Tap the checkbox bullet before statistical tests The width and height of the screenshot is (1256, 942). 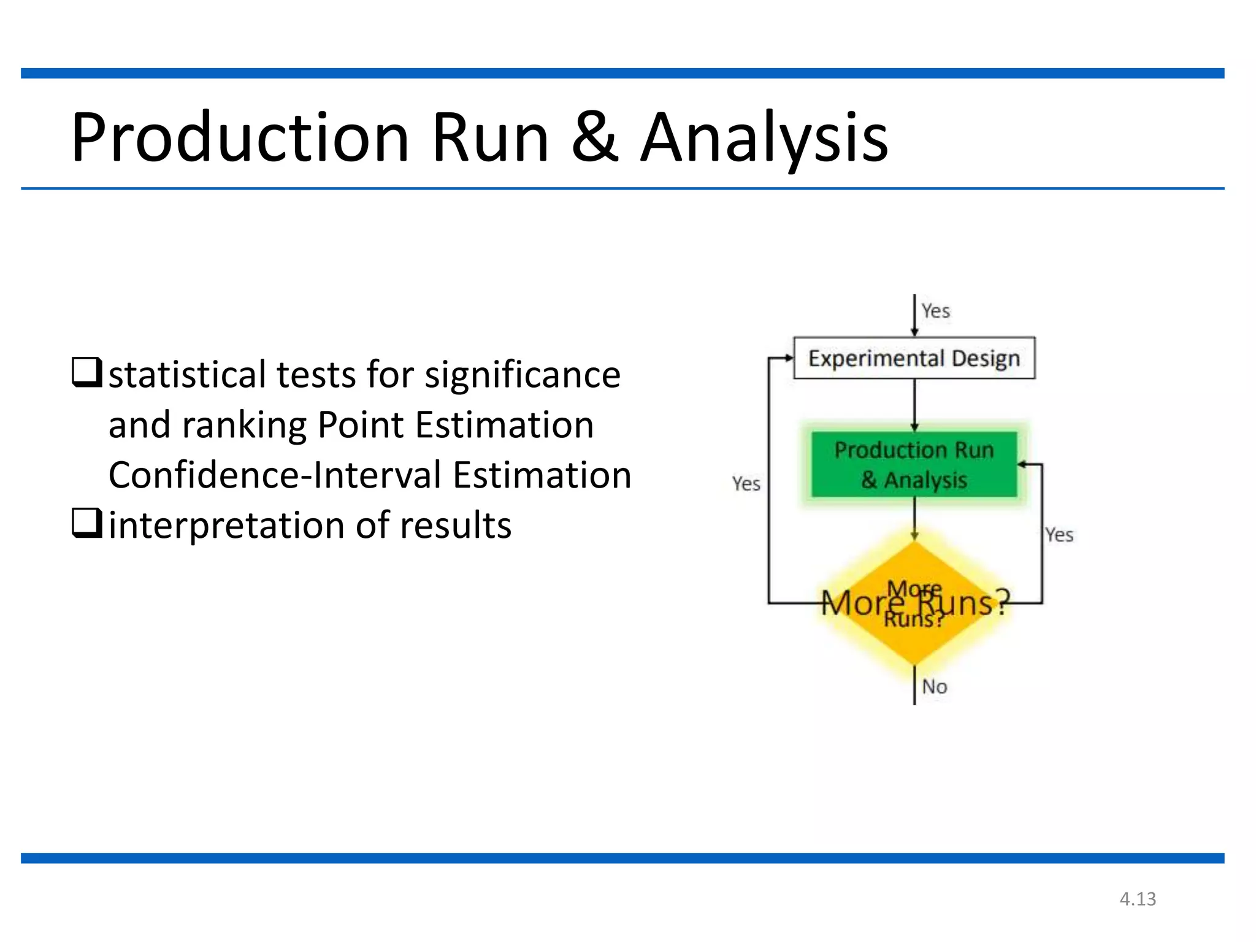point(86,372)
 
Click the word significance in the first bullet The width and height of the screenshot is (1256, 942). point(523,375)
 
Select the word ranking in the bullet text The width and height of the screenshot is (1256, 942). point(244,425)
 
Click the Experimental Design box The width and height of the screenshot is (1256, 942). point(914,358)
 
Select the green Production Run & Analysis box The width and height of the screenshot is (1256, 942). point(914,465)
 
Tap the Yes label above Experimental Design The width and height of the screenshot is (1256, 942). point(935,311)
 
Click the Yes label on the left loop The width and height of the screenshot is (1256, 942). point(746,484)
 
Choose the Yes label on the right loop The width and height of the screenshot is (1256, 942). point(1059,535)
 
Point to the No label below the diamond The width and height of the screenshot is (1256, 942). point(935,687)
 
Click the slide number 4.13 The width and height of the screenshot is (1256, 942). point(1138,899)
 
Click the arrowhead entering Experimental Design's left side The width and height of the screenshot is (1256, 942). point(789,358)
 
